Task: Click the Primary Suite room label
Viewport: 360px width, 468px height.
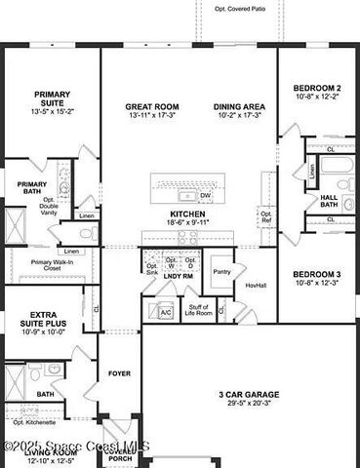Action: pyautogui.click(x=53, y=99)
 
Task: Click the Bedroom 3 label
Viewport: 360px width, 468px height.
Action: pyautogui.click(x=317, y=274)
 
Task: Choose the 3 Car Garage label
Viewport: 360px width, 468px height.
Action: pyautogui.click(x=249, y=394)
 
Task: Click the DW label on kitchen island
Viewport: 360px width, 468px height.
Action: pyautogui.click(x=205, y=194)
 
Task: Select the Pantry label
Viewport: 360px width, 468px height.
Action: pyautogui.click(x=220, y=272)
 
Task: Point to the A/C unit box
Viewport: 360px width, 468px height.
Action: pyautogui.click(x=165, y=312)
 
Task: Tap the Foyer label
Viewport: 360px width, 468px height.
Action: pyautogui.click(x=119, y=372)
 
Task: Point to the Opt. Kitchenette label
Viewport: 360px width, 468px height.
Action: pyautogui.click(x=34, y=422)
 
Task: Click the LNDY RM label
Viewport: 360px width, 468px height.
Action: pyautogui.click(x=178, y=277)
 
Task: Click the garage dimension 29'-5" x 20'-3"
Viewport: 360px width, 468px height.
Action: pyautogui.click(x=249, y=405)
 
